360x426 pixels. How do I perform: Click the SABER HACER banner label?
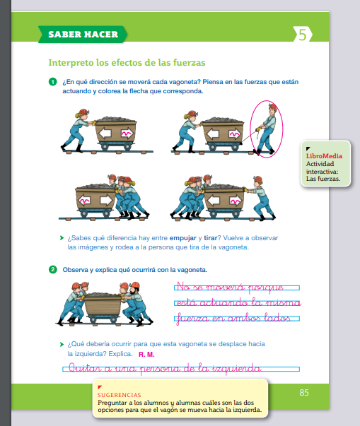tap(83, 35)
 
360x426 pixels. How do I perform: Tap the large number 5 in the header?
tap(302, 35)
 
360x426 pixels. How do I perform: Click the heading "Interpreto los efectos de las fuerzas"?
tap(127, 63)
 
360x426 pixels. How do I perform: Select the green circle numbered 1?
tap(53, 82)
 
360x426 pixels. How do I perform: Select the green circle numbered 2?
tap(53, 269)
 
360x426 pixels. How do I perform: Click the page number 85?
tap(304, 393)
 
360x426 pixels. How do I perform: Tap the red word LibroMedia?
tap(324, 156)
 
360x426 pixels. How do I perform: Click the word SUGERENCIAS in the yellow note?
tap(120, 395)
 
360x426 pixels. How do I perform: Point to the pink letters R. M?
tap(146, 355)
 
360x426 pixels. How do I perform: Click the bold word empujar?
tap(183, 238)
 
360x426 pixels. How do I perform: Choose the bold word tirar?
tap(211, 238)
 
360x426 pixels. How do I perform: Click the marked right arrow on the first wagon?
tap(127, 133)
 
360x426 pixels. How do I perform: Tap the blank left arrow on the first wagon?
tap(105, 133)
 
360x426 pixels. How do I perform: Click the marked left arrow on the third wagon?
tap(85, 201)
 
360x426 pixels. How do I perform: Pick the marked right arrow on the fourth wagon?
tap(236, 201)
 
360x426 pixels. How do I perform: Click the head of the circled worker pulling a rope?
tap(272, 110)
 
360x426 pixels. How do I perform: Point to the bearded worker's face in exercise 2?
tap(133, 291)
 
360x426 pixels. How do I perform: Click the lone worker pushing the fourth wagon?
tap(260, 197)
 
